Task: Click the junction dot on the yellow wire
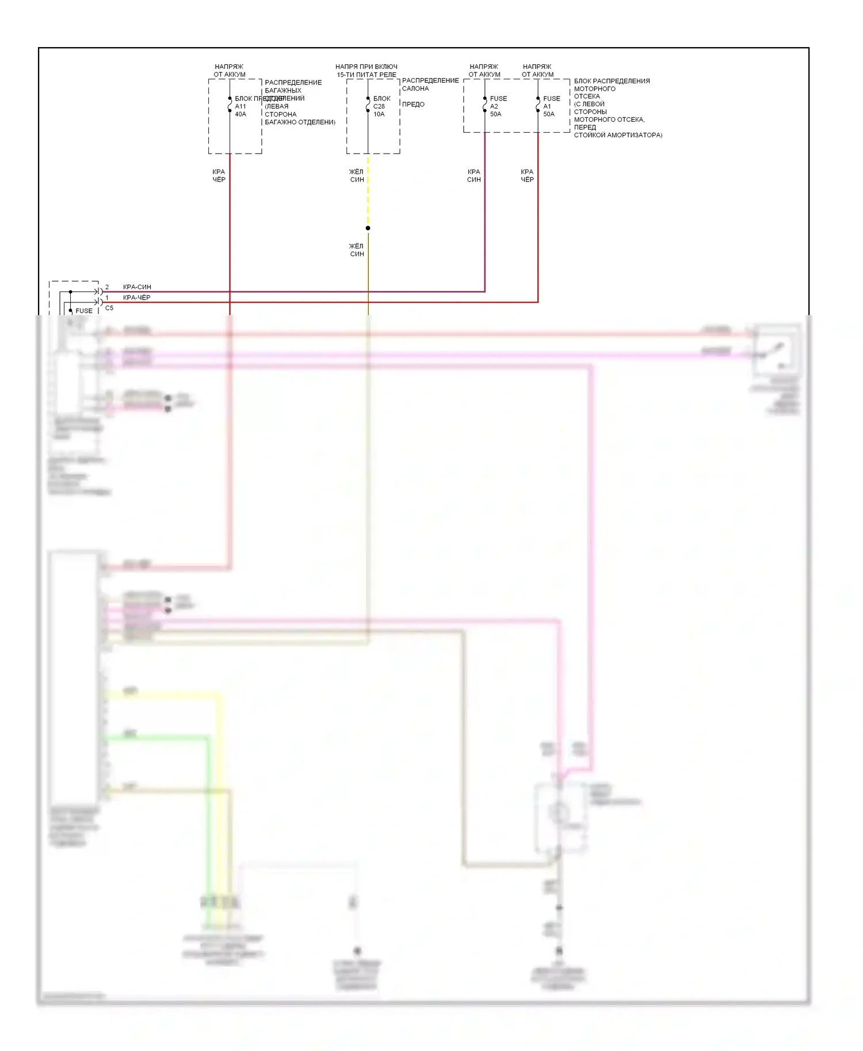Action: pyautogui.click(x=368, y=228)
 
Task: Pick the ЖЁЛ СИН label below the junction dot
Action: pyautogui.click(x=357, y=250)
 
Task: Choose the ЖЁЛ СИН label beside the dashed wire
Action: pyautogui.click(x=357, y=176)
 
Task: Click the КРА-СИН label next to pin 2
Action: pyautogui.click(x=137, y=287)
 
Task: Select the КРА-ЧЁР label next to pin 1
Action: pyautogui.click(x=137, y=298)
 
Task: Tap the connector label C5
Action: pyautogui.click(x=109, y=308)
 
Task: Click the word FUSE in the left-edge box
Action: pyautogui.click(x=84, y=311)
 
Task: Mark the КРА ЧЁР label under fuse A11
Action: pyautogui.click(x=219, y=176)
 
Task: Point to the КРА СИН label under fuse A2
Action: pyautogui.click(x=474, y=176)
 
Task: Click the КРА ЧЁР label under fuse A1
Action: pyautogui.click(x=527, y=176)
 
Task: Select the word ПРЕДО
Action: pyautogui.click(x=413, y=105)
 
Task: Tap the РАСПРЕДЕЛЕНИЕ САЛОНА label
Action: pyautogui.click(x=430, y=85)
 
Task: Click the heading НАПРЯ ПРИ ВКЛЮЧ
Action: pyautogui.click(x=366, y=67)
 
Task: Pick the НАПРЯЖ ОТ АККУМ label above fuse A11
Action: pyautogui.click(x=230, y=71)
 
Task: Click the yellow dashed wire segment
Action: pyautogui.click(x=368, y=190)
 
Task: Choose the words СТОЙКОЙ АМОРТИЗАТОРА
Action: pyautogui.click(x=618, y=135)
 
